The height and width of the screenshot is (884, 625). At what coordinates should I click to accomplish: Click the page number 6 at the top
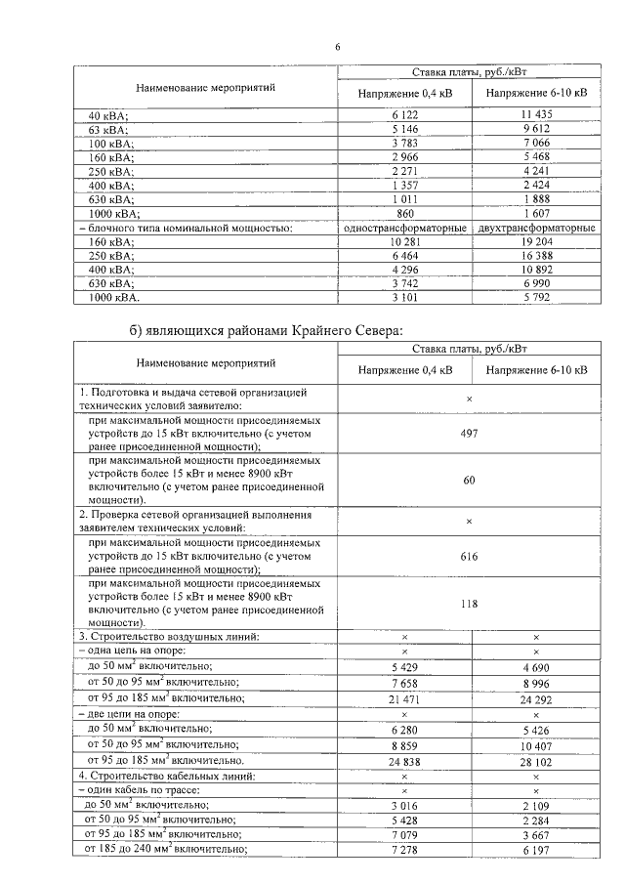tap(338, 46)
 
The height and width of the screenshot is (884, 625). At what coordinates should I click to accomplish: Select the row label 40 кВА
tap(108, 114)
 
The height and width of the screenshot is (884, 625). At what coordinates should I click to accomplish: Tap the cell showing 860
tap(404, 213)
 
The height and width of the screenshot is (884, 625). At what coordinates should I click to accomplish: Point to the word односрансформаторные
tap(404, 228)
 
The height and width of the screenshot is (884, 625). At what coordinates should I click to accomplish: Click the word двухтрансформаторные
tap(536, 228)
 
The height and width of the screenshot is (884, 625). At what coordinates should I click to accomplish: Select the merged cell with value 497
tap(469, 433)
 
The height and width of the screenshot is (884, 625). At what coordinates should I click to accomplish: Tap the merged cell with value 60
tap(469, 480)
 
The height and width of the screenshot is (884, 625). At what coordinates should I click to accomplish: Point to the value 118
tap(469, 603)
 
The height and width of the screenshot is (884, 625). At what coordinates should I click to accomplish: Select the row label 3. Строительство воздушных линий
tap(169, 637)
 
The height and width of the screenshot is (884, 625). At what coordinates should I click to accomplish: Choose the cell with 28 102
tap(536, 760)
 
